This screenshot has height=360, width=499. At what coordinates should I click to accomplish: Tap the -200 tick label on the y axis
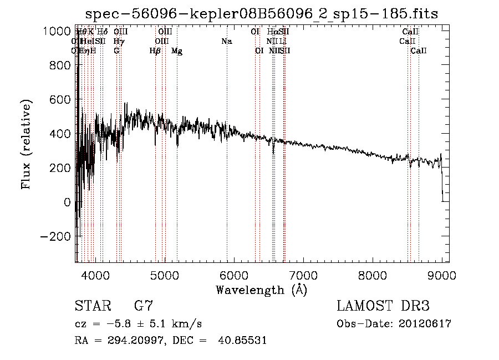(x=56, y=236)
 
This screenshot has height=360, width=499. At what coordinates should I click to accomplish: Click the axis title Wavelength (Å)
(x=261, y=290)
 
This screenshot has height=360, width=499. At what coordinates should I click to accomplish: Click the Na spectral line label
(x=226, y=42)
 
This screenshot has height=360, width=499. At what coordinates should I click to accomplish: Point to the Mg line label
(x=177, y=51)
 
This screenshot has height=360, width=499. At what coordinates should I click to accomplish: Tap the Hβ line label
(x=155, y=51)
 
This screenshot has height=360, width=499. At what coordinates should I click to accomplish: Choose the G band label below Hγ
(x=116, y=51)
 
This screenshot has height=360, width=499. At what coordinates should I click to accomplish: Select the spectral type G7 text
(x=144, y=306)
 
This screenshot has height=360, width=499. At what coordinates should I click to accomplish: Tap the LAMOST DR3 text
(x=383, y=306)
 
